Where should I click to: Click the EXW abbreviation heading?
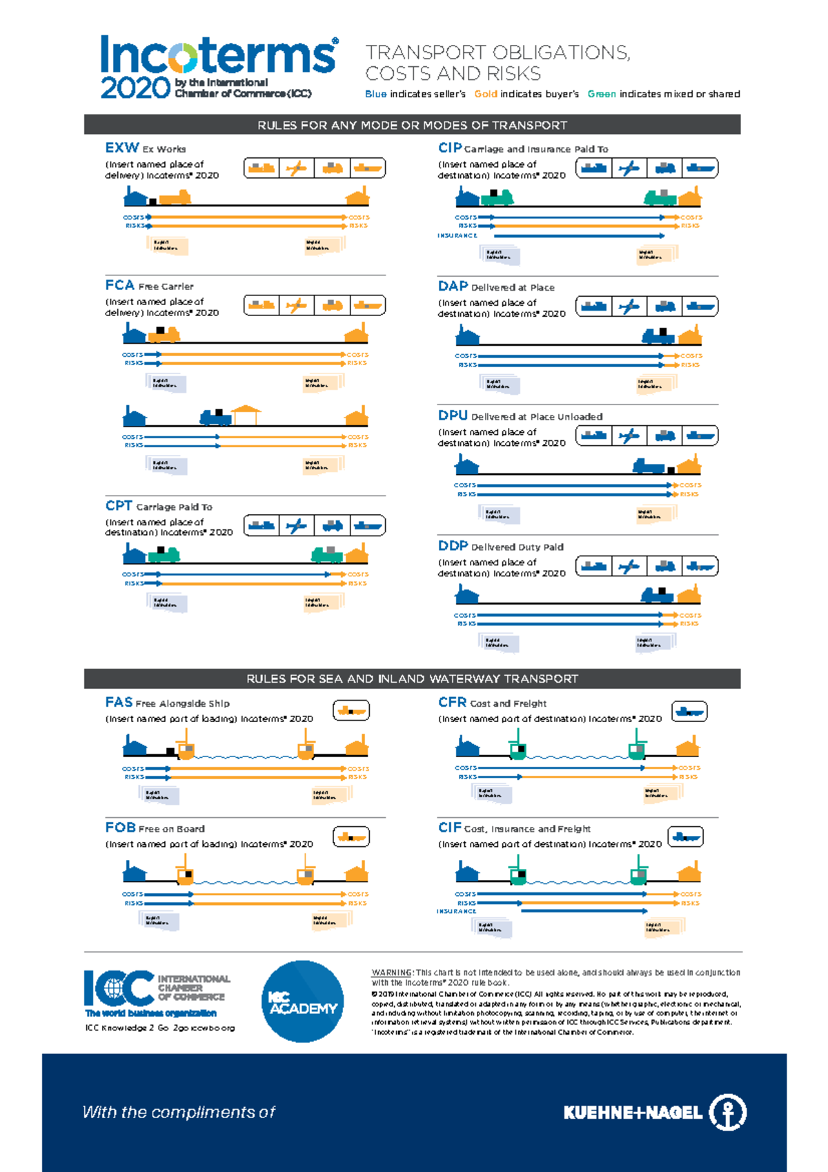click(122, 148)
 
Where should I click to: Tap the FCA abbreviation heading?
click(119, 285)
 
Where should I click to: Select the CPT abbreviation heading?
click(119, 506)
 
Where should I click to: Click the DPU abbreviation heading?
click(453, 416)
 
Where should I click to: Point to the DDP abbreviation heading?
click(453, 546)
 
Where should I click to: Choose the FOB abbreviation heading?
click(120, 828)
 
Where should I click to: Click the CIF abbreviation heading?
click(449, 828)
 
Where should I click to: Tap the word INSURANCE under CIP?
click(457, 236)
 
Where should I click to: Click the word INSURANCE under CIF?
click(456, 911)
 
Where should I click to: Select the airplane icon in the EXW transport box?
click(297, 168)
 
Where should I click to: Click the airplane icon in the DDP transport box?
click(629, 567)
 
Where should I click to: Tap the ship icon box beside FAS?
click(351, 710)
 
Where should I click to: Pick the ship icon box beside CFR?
click(689, 711)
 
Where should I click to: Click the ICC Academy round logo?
click(303, 1002)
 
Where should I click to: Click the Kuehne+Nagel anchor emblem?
click(728, 1112)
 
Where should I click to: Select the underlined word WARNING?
click(391, 973)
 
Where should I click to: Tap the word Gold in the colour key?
click(486, 94)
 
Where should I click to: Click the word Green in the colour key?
click(602, 94)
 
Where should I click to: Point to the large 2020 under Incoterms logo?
click(135, 88)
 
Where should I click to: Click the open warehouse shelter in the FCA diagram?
click(246, 414)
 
